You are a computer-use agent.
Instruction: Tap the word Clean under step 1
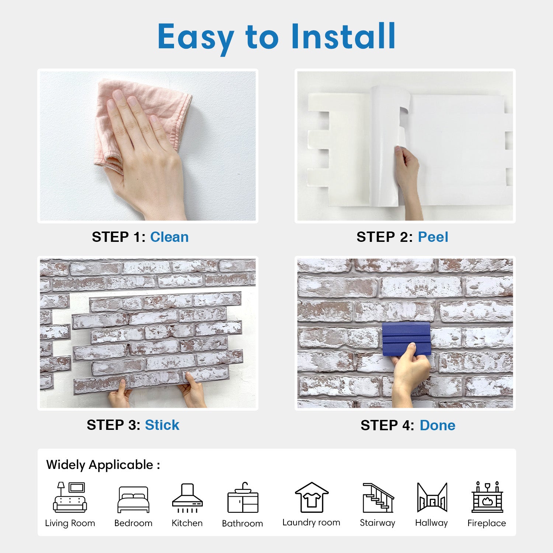(169, 237)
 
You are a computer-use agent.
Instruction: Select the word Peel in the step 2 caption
(433, 237)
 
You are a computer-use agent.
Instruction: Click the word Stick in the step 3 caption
(162, 425)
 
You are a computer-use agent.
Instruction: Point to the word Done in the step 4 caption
(437, 425)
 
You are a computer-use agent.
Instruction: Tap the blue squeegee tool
(406, 339)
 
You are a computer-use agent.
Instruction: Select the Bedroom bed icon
(133, 500)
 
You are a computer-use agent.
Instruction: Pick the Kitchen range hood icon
(187, 498)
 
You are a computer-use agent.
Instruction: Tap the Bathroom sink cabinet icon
(243, 497)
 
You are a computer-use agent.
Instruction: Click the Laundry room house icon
(312, 497)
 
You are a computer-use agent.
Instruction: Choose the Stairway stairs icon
(378, 498)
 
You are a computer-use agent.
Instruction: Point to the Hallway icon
(432, 497)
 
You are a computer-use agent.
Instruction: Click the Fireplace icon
(487, 497)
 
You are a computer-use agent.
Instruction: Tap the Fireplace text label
(487, 523)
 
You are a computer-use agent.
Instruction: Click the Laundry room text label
(311, 522)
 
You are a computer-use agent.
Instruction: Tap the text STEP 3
(114, 425)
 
